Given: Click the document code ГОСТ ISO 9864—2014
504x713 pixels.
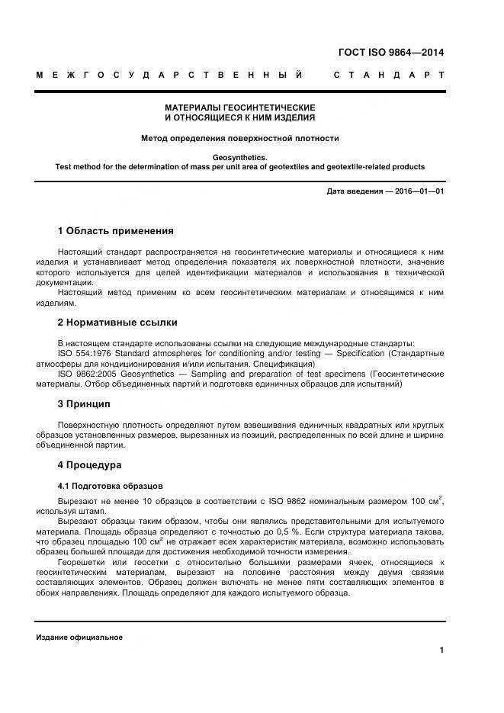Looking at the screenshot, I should pyautogui.click(x=390, y=53).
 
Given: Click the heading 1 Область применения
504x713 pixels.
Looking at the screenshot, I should pyautogui.click(x=115, y=230).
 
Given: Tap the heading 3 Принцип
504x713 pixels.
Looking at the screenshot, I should pyautogui.click(x=85, y=403).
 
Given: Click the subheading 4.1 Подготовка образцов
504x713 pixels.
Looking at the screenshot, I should pyautogui.click(x=110, y=486).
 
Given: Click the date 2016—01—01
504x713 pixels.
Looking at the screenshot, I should pyautogui.click(x=418, y=191).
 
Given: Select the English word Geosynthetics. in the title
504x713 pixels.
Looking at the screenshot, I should pyautogui.click(x=240, y=157).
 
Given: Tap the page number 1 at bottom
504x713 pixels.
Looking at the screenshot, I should pyautogui.click(x=442, y=650).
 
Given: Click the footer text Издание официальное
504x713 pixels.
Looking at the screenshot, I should pyautogui.click(x=79, y=638).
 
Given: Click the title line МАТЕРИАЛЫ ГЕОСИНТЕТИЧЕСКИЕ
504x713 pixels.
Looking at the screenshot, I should pyautogui.click(x=240, y=108).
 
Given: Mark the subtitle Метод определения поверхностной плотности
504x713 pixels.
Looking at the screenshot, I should pyautogui.click(x=240, y=138).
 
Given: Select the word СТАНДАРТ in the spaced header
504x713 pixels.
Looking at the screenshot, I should pyautogui.click(x=389, y=75).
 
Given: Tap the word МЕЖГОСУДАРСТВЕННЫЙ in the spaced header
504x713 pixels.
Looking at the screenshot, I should pyautogui.click(x=169, y=75).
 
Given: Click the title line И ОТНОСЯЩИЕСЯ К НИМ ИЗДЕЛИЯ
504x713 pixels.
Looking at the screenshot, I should pyautogui.click(x=240, y=118).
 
